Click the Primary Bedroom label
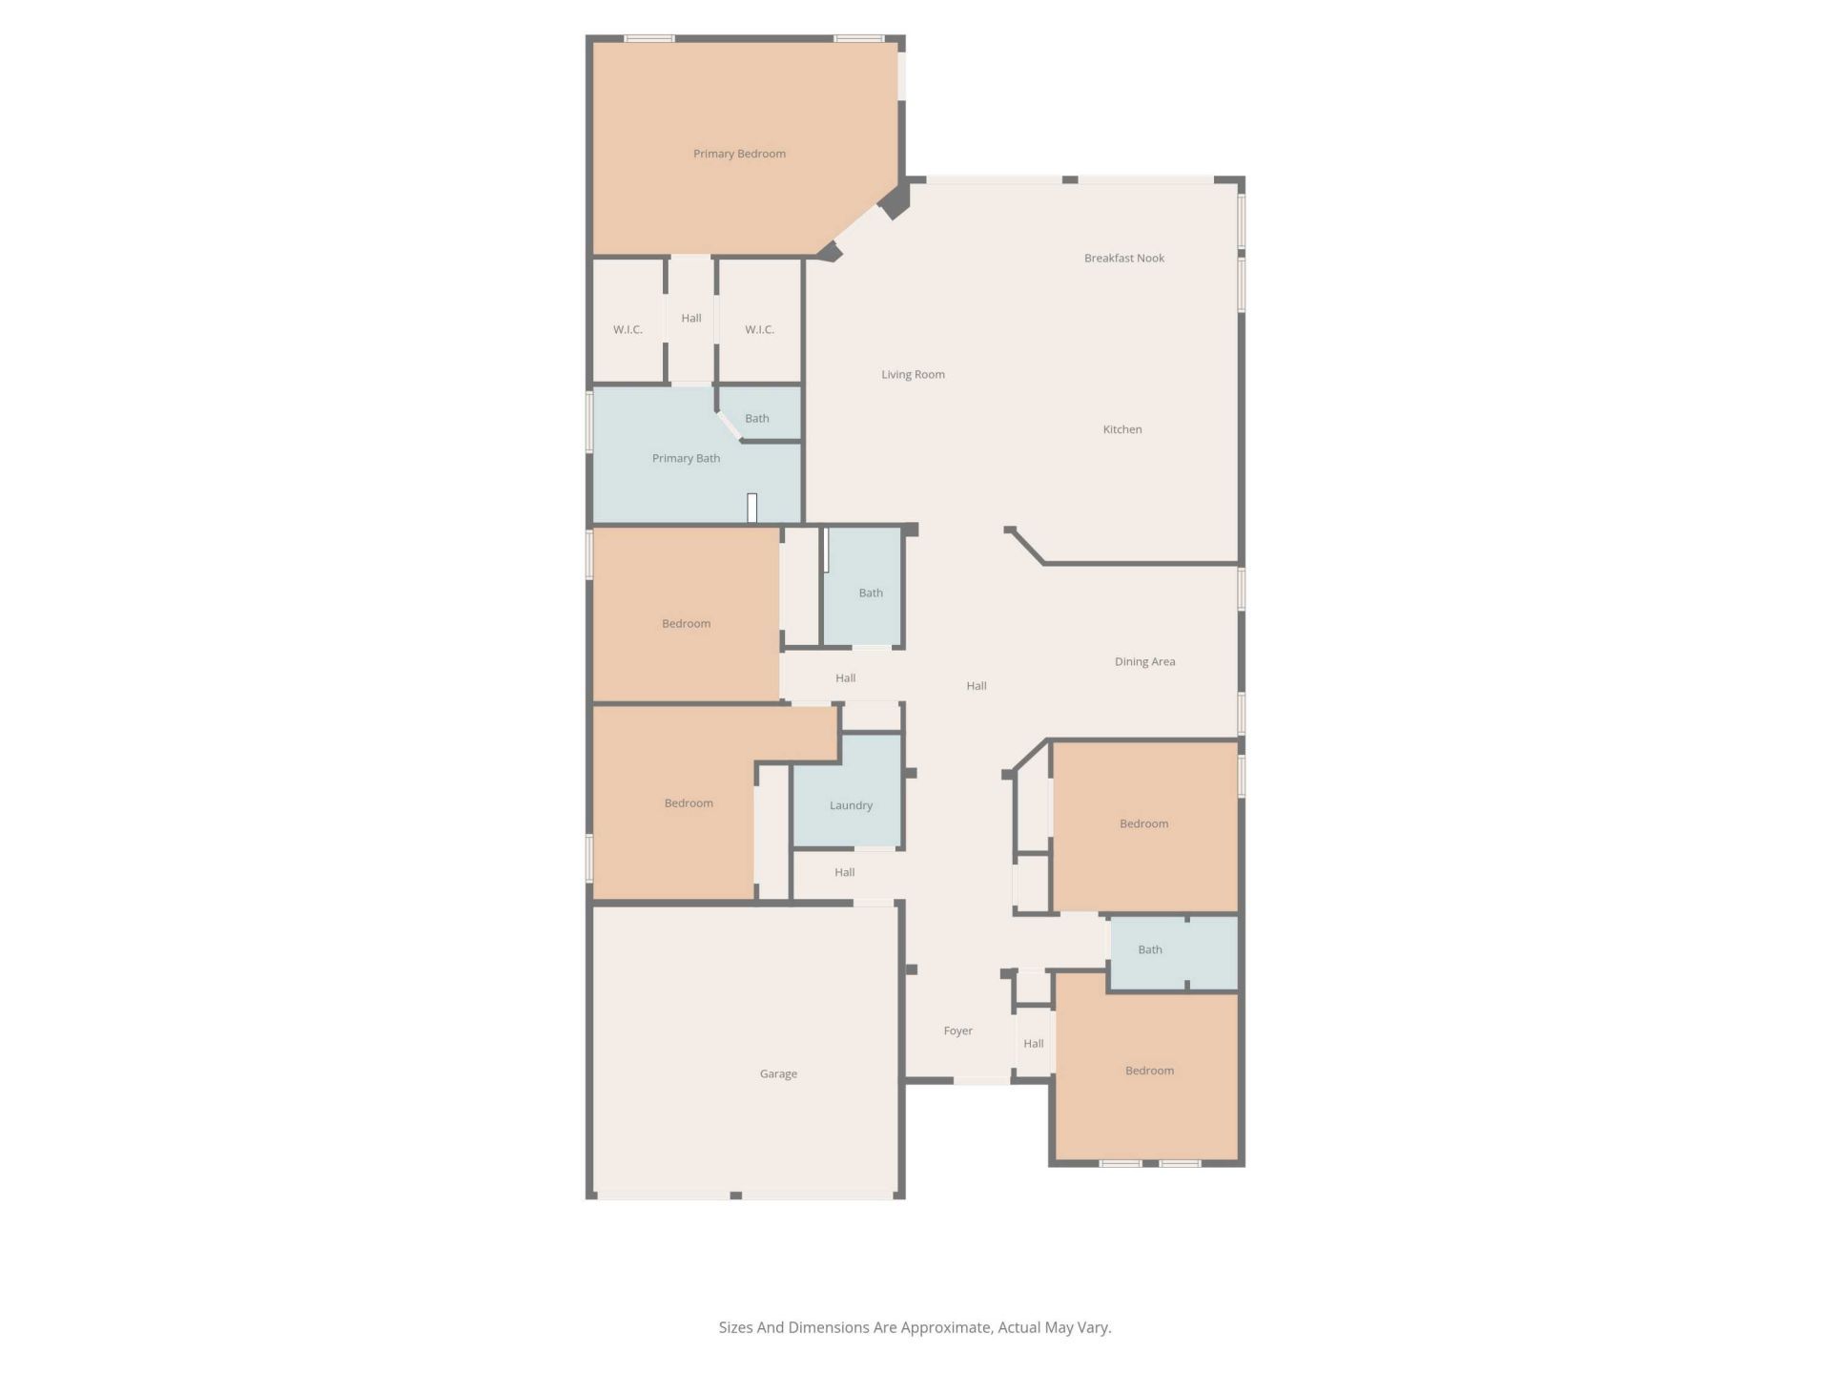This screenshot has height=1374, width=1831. click(739, 154)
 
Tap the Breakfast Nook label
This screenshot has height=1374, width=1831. click(1123, 258)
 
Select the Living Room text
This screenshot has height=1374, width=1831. click(913, 374)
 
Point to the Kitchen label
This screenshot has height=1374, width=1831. click(1121, 429)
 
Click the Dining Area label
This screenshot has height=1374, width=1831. click(1144, 661)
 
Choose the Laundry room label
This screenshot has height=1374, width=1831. click(851, 805)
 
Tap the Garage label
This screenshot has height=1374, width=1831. click(778, 1073)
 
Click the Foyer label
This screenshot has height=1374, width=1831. click(957, 1030)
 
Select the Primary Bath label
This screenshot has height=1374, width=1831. click(686, 458)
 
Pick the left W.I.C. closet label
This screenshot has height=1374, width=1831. click(627, 329)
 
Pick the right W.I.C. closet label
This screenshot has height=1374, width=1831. click(759, 329)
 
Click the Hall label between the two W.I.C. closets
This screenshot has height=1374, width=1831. click(691, 318)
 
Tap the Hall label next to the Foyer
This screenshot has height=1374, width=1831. click(1033, 1043)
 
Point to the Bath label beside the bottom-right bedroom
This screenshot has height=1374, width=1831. click(1149, 949)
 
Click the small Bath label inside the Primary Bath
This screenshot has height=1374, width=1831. click(756, 418)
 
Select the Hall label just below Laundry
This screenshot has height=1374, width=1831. click(844, 872)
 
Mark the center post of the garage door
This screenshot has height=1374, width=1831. click(735, 1195)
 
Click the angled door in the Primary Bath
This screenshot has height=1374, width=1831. click(730, 426)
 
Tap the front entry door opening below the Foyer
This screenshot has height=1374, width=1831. click(982, 1080)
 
